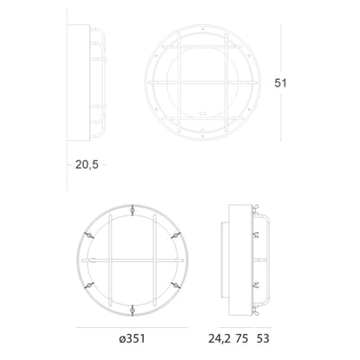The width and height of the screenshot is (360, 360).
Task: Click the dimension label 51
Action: [280, 83]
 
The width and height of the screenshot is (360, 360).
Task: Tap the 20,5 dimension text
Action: [87, 164]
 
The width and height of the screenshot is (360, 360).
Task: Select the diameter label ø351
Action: [132, 338]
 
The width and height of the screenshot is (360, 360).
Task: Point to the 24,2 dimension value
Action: [220, 338]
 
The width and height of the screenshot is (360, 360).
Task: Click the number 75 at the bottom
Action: [241, 338]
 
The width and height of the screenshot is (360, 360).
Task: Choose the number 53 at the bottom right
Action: [263, 338]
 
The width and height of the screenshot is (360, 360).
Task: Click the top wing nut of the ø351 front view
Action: [132, 210]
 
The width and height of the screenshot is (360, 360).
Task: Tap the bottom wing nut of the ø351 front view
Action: [132, 311]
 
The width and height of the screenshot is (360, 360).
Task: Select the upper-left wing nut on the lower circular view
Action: [89, 235]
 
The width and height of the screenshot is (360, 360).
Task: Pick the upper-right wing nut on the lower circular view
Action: [176, 235]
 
